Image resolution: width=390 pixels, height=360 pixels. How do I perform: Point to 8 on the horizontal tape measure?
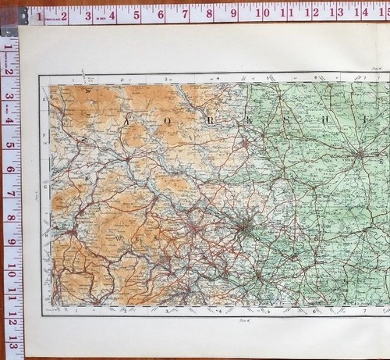(213, 13)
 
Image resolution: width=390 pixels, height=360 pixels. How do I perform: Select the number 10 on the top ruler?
(264, 13)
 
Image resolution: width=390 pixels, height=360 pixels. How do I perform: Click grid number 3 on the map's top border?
(166, 79)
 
